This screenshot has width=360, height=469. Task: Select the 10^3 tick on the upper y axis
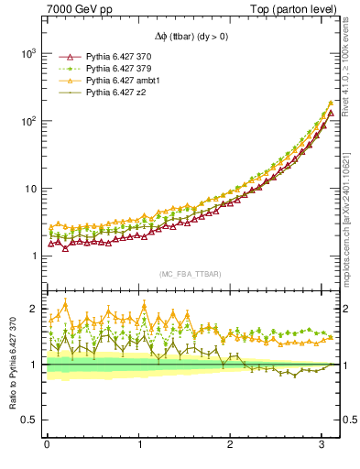pyautogui.click(x=27, y=54)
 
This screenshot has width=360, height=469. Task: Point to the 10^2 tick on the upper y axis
pyautogui.click(x=27, y=122)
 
